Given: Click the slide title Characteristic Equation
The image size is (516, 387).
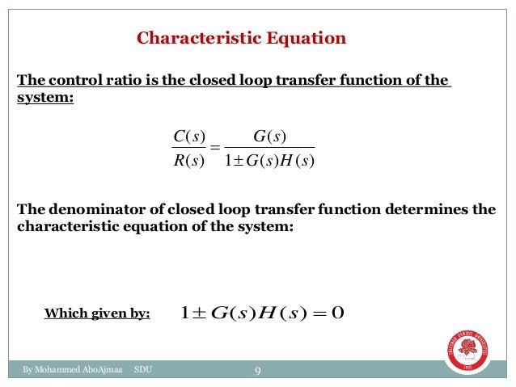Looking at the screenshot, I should click(x=241, y=38).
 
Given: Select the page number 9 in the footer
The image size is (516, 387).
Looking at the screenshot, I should click(x=257, y=371).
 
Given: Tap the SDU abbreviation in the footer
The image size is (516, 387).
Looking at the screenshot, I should click(x=142, y=371).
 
